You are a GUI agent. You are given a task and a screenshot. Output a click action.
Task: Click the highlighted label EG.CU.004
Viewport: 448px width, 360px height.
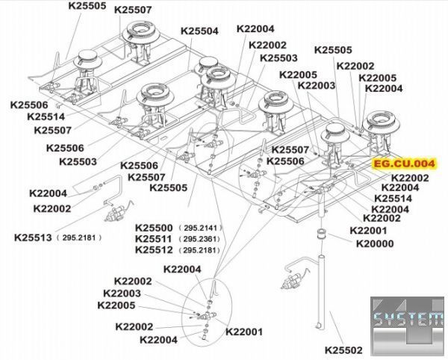404,163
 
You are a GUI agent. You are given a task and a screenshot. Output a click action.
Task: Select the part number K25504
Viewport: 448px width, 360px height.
199,32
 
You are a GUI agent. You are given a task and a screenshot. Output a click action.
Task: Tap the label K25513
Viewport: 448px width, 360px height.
33,238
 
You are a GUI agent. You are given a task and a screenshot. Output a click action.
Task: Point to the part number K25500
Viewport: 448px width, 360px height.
154,227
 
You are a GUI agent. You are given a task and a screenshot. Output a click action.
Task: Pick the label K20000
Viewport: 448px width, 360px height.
375,243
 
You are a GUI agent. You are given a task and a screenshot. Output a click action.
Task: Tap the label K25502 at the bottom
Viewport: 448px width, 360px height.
343,349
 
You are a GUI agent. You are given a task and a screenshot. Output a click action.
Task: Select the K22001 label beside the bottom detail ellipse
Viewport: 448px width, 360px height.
243,332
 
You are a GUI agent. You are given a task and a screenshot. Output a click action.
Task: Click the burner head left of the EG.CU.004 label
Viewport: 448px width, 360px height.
338,134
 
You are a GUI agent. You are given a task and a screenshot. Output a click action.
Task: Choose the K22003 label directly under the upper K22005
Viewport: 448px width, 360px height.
316,85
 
